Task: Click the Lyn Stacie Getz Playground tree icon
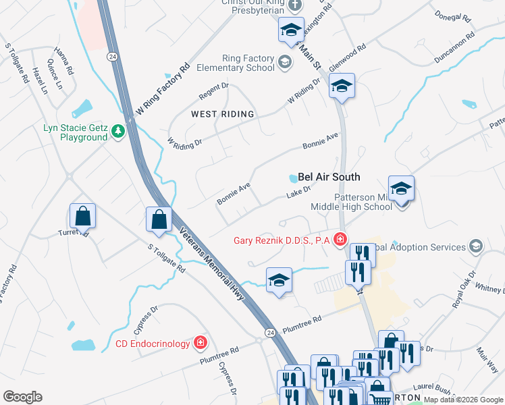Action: pos(119,130)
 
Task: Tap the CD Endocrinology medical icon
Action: pos(200,344)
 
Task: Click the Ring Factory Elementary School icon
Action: pos(285,63)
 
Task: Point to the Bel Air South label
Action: pos(329,177)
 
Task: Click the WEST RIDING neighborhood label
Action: pos(222,114)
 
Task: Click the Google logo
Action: pos(22,397)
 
